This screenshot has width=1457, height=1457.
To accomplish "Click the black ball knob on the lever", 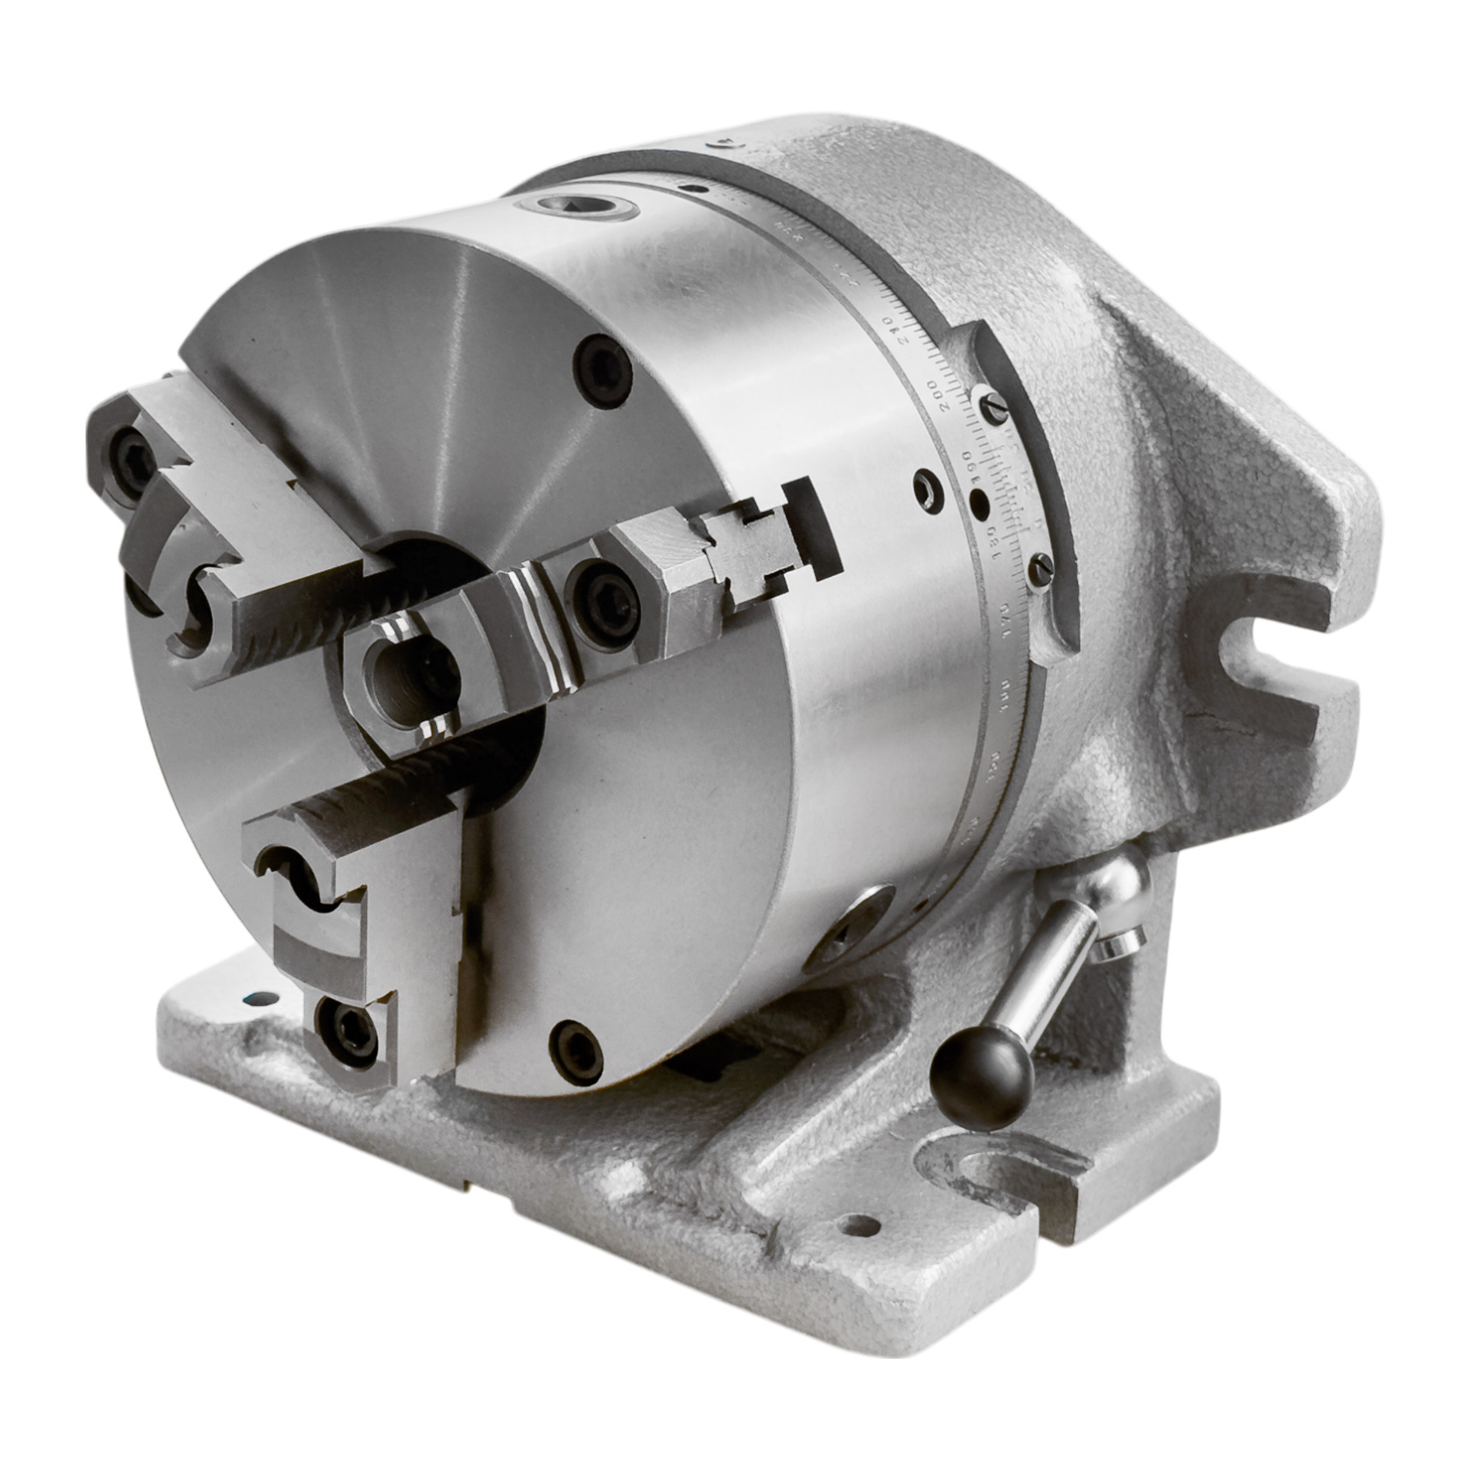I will tap(981, 1071).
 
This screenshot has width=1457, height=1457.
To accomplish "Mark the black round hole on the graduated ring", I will tap(979, 505).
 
